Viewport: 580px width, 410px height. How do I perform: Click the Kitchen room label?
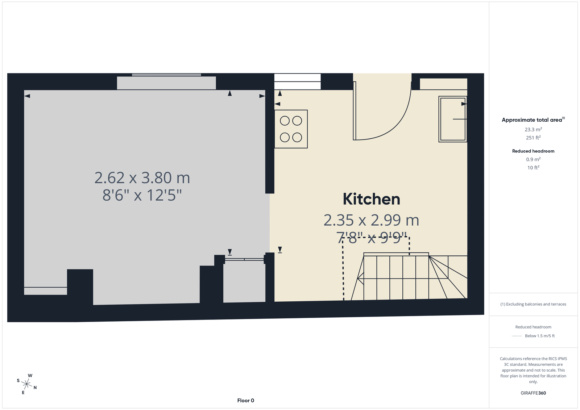(371, 199)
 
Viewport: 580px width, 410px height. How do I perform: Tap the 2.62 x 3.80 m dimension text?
(142, 178)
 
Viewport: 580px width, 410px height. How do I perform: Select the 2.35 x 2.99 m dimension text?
(371, 220)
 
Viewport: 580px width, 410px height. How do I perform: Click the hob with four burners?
(291, 129)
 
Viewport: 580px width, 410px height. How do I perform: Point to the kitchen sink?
(453, 119)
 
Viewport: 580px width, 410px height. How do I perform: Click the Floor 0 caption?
(246, 401)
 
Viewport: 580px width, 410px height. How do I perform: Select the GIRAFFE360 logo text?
(533, 393)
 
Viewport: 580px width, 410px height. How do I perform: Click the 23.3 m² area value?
(533, 129)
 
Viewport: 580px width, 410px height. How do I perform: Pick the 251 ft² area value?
(533, 138)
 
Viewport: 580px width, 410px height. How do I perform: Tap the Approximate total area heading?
(533, 120)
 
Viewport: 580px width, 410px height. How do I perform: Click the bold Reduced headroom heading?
(533, 151)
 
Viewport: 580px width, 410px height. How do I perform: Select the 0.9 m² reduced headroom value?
(533, 159)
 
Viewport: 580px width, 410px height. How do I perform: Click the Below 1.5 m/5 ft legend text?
(540, 336)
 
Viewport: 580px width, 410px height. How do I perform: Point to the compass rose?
(26, 384)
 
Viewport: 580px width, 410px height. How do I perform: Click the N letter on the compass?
(35, 388)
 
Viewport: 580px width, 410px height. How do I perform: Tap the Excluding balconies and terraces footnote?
(533, 304)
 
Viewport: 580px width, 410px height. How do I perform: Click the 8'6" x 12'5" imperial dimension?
(142, 195)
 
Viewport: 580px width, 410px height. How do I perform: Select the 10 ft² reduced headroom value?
(533, 168)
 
